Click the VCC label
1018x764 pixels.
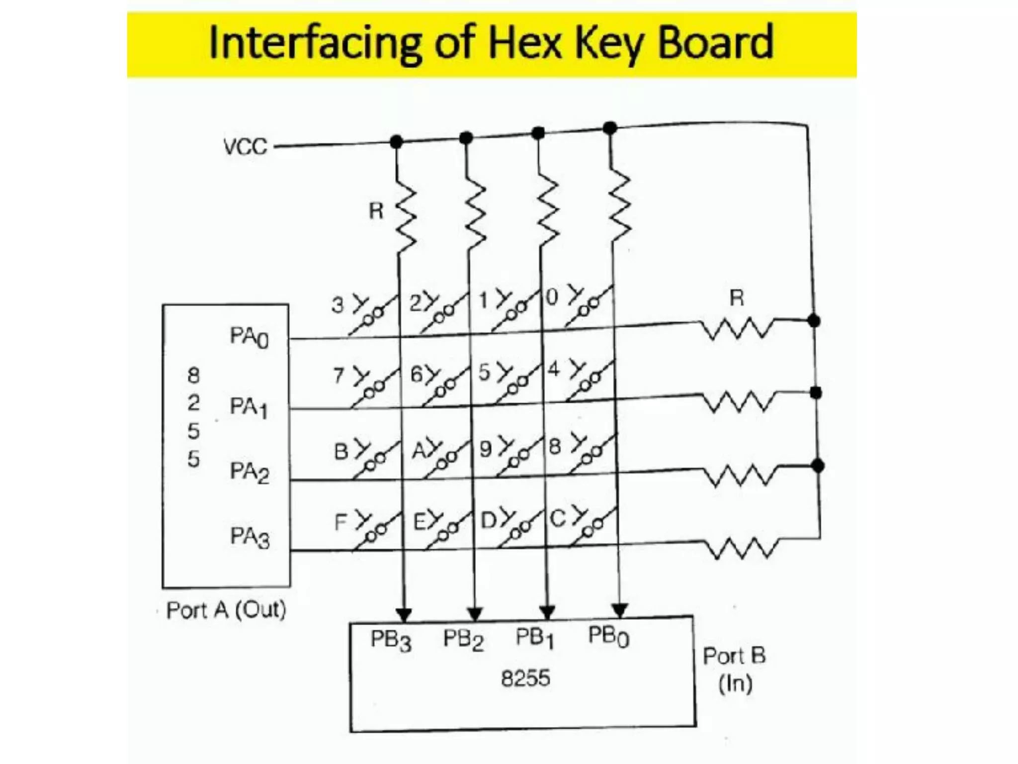click(245, 147)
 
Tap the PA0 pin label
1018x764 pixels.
click(249, 337)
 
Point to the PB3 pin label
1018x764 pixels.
click(391, 640)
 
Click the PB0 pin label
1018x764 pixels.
click(608, 636)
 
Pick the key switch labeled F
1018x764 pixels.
click(370, 529)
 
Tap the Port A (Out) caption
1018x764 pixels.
click(226, 610)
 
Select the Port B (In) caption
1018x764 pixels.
click(734, 669)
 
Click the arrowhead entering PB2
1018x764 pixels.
click(475, 614)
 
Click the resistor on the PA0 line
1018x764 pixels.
click(737, 329)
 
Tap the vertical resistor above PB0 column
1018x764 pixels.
click(619, 205)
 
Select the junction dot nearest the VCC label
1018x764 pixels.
click(396, 142)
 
